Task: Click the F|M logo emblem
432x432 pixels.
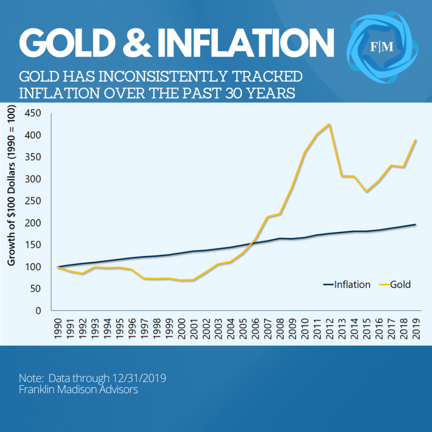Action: point(382,47)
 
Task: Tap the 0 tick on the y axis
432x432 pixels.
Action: point(38,310)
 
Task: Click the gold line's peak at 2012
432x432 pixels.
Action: point(329,124)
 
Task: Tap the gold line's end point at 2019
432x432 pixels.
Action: point(416,140)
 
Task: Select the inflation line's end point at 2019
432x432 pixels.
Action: point(416,224)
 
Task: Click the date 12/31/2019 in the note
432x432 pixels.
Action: point(139,378)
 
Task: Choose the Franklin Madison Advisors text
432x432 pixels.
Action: point(78,390)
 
